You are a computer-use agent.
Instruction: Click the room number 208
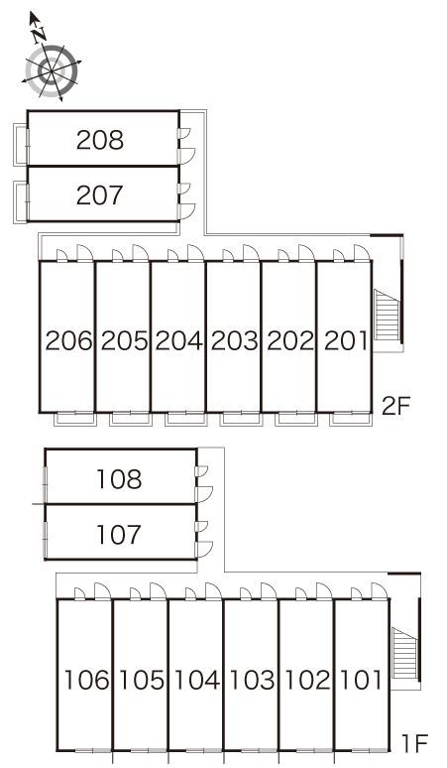tap(100, 141)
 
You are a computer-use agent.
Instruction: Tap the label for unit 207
tap(99, 195)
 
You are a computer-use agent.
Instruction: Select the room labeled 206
tap(68, 341)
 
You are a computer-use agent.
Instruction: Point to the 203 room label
tap(234, 341)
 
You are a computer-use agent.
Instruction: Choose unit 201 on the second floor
tap(345, 341)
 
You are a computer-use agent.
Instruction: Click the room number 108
tap(119, 479)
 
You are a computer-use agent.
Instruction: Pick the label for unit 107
tap(119, 535)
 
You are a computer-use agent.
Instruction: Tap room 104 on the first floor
tap(197, 680)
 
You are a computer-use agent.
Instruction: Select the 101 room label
tap(361, 680)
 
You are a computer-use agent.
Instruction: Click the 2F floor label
tap(394, 407)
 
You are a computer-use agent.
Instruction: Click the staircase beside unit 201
tap(387, 315)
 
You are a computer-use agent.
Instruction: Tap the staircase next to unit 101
tap(404, 653)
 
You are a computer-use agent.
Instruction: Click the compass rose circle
tap(53, 71)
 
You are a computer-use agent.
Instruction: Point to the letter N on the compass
tap(38, 35)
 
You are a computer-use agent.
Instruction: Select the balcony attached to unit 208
tap(21, 145)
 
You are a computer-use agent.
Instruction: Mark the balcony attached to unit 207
tap(21, 202)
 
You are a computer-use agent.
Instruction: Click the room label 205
tap(124, 341)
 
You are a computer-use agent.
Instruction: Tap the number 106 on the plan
tap(86, 680)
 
